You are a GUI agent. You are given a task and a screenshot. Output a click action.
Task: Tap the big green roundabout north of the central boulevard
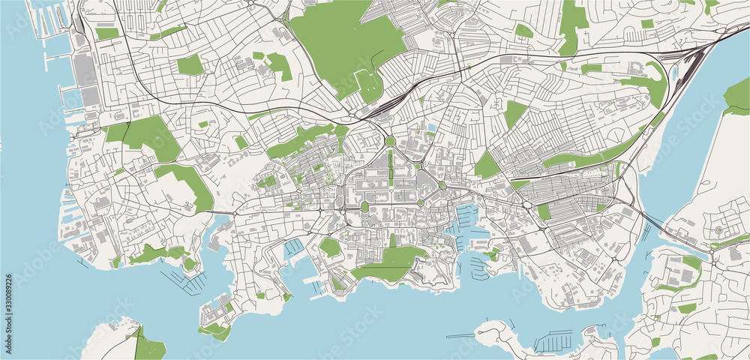(x=390, y=142)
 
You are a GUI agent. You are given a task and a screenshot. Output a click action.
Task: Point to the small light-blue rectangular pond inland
(x=430, y=128)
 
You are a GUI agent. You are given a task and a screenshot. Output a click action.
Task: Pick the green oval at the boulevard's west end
(x=365, y=206)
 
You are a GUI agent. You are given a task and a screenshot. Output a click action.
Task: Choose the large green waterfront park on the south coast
(x=394, y=262)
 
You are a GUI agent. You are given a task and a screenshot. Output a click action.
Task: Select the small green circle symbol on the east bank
(x=718, y=230)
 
